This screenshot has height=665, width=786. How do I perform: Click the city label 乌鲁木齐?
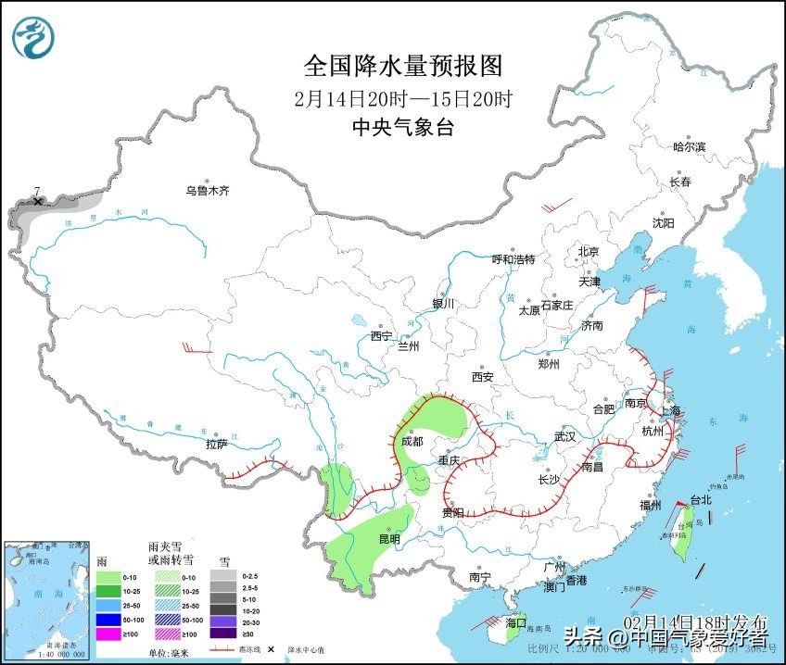click(207, 191)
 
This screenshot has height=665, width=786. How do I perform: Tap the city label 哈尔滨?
click(689, 146)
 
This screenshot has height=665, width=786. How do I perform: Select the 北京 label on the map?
click(589, 251)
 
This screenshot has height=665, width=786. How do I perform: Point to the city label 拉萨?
click(217, 444)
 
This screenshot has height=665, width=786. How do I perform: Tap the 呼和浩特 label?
click(513, 259)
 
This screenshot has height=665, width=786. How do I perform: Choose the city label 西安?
click(482, 377)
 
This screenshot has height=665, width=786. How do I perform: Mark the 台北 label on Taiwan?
click(702, 500)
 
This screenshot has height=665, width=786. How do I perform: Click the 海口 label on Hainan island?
click(516, 622)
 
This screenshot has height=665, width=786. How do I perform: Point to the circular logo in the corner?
click(33, 37)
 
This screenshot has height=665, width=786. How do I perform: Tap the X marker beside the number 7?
click(38, 201)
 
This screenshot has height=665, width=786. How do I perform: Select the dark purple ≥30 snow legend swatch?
click(222, 634)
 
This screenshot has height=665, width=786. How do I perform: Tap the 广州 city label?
click(554, 566)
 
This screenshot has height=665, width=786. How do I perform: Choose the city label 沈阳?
click(663, 223)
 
